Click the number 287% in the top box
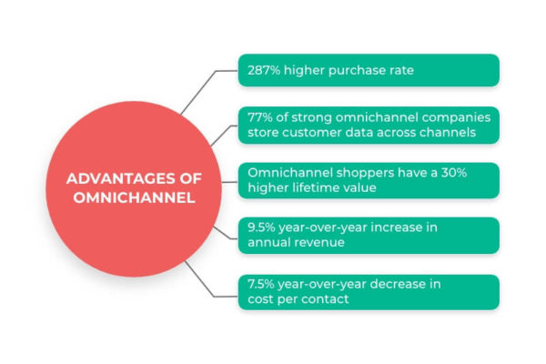pyautogui.click(x=264, y=70)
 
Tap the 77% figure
pyautogui.click(x=260, y=117)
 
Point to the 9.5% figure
pyautogui.click(x=261, y=227)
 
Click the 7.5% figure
pyautogui.click(x=261, y=284)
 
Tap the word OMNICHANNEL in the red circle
pyautogui.click(x=134, y=197)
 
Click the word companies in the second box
pyautogui.click(x=456, y=118)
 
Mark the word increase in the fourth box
pyautogui.click(x=396, y=227)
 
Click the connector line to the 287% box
pyautogui.click(x=207, y=86)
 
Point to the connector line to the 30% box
pyautogui.click(x=229, y=182)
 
